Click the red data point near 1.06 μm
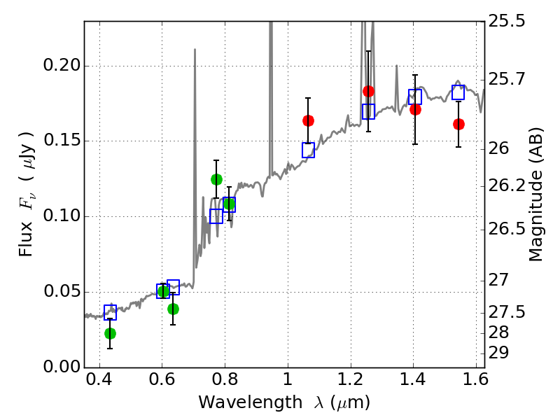coord(308,120)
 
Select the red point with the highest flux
coord(369,92)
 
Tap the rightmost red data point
coord(459,125)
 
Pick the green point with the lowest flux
coord(111,334)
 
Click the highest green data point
coord(216,179)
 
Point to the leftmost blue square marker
coord(111,312)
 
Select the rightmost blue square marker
coord(458,92)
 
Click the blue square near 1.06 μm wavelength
coord(308,150)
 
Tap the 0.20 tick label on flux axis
coord(61,65)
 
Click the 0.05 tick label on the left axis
coord(61,291)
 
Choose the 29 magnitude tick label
coord(498,353)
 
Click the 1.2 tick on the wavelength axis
coord(351,379)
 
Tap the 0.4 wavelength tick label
coord(99,379)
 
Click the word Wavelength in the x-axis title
coord(251,402)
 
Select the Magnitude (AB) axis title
coord(535,195)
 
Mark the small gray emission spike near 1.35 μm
coord(396,87)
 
